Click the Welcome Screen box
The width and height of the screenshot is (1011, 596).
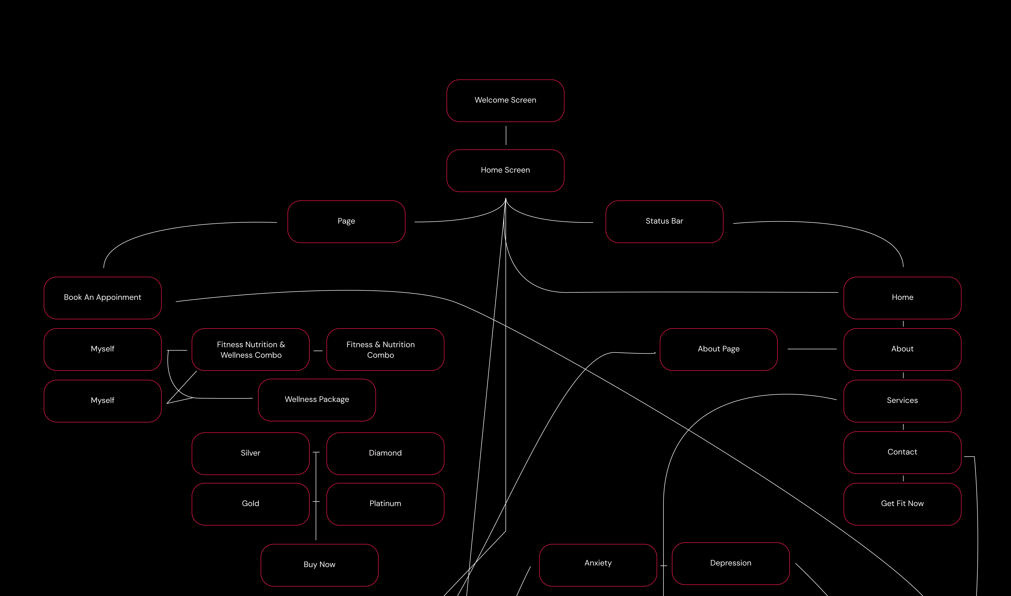click(x=505, y=100)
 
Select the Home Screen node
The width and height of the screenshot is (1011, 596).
click(x=505, y=170)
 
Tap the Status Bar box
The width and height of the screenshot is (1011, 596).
click(x=664, y=221)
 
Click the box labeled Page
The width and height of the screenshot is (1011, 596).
click(x=346, y=221)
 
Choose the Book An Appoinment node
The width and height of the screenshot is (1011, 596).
click(x=103, y=298)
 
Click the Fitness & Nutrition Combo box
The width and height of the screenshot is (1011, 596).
click(x=385, y=349)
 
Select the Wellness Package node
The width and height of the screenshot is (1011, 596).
click(x=317, y=400)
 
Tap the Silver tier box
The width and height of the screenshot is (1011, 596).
click(x=250, y=453)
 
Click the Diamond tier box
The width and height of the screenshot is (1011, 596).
click(x=385, y=453)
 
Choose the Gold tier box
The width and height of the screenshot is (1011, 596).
click(x=250, y=504)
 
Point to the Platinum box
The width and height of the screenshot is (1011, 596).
click(x=385, y=504)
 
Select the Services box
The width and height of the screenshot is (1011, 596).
click(x=902, y=400)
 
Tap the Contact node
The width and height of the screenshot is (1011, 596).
click(x=902, y=452)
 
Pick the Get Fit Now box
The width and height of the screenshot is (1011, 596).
click(x=902, y=504)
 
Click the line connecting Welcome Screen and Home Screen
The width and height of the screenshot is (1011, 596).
click(x=506, y=135)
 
